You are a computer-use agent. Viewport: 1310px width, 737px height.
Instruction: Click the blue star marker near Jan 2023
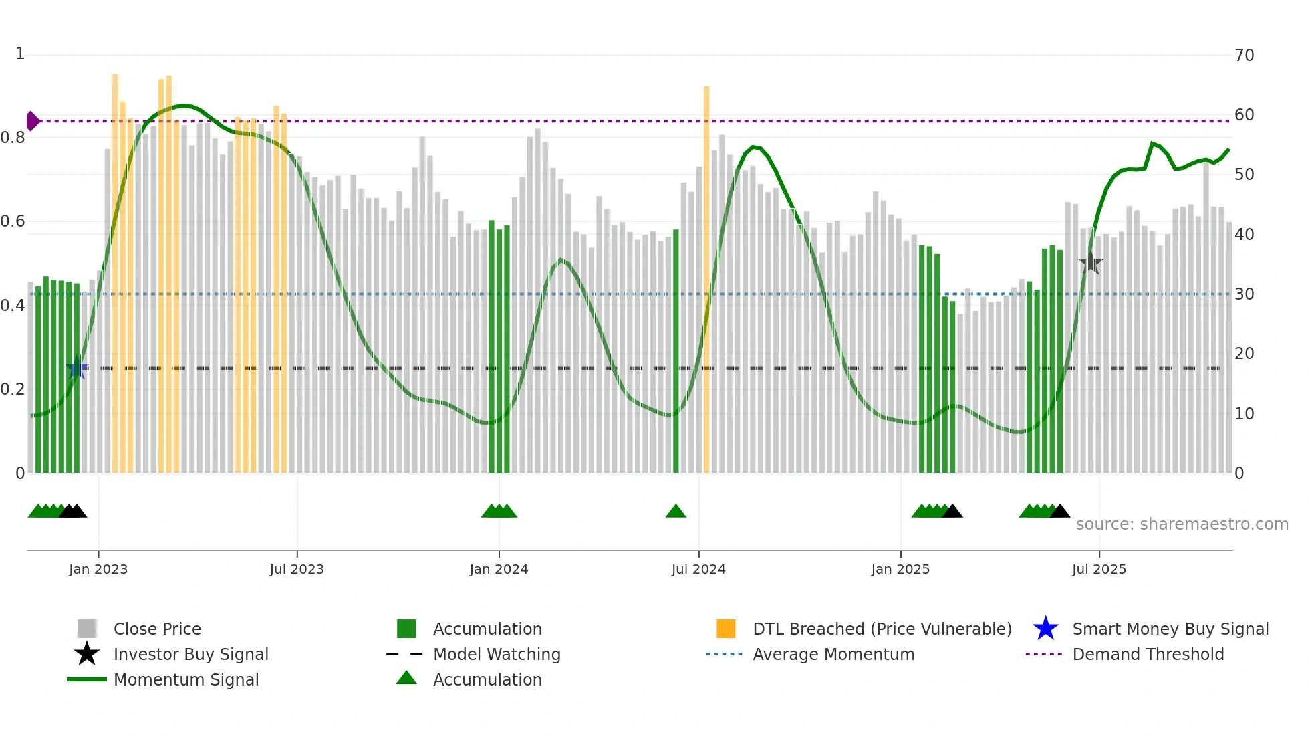point(76,368)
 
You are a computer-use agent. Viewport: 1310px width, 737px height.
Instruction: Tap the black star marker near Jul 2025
point(1090,263)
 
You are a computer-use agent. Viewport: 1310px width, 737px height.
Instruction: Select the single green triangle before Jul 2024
point(676,512)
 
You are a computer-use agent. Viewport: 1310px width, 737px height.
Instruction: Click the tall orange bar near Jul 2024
point(706,268)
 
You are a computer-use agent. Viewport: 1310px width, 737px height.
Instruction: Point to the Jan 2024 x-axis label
point(499,569)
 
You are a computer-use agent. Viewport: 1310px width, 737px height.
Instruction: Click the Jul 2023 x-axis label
point(297,569)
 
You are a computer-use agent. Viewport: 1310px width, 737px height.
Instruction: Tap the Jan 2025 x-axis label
point(900,569)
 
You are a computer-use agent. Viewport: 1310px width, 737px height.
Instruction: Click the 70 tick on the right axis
point(1244,55)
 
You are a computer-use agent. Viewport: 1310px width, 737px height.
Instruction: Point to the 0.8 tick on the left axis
point(13,138)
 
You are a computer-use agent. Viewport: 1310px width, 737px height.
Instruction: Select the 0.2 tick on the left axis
point(13,389)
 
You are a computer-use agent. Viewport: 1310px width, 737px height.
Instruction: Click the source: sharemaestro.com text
point(1182,524)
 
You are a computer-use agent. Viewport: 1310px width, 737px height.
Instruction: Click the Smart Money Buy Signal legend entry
point(1170,629)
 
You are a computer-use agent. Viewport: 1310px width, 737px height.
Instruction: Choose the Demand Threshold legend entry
point(1148,654)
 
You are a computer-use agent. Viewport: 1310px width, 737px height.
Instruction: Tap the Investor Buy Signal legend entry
point(190,654)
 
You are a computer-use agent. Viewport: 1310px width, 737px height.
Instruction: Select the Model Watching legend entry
point(496,654)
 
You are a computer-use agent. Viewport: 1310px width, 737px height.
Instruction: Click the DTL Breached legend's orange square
point(726,629)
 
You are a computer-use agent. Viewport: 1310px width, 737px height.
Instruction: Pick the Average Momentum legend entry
point(833,654)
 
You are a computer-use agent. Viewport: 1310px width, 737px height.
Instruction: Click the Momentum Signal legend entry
point(186,679)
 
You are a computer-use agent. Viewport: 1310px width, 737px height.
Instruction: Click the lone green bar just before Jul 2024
point(676,351)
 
